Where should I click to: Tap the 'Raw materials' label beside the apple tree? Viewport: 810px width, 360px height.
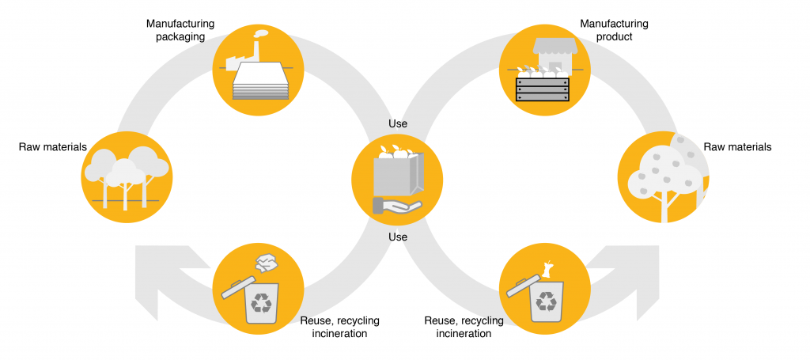(737, 146)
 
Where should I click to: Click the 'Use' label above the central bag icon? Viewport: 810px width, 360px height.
(398, 124)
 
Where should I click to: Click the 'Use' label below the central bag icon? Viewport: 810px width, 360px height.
(398, 237)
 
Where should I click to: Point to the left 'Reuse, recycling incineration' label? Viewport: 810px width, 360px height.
(339, 327)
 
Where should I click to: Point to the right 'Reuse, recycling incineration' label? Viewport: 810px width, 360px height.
(464, 327)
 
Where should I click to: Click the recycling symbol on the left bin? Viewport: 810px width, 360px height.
(262, 302)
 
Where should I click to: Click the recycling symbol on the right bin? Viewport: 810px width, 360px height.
(546, 302)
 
